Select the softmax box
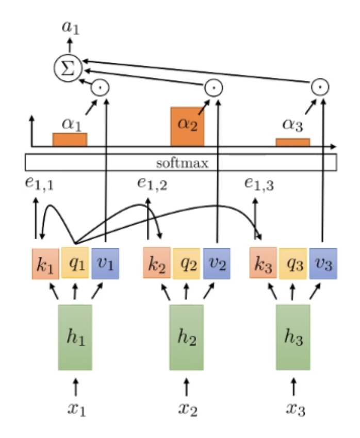[181, 163]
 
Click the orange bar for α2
[188, 127]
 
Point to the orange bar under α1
[70, 139]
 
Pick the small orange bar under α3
[292, 142]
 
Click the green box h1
[75, 337]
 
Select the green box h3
[293, 337]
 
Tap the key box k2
[157, 263]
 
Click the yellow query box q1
[75, 263]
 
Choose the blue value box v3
[323, 263]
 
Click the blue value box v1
[105, 263]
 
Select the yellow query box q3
[293, 263]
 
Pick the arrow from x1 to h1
[76, 386]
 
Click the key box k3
[263, 263]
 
